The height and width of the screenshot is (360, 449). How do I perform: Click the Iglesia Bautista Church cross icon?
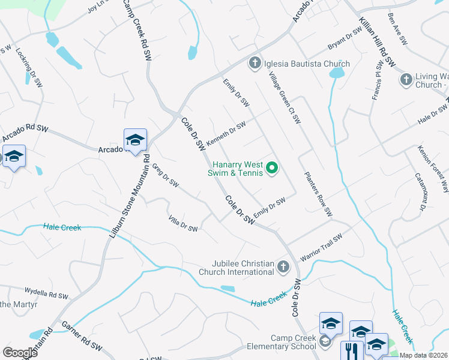254,63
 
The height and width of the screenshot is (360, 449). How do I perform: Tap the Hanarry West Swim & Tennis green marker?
272,168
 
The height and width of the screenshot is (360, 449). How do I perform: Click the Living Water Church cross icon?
406,79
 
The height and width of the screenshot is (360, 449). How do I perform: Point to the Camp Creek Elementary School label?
293,342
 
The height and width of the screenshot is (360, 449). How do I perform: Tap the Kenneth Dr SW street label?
226,133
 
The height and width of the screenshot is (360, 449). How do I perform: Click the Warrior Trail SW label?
321,247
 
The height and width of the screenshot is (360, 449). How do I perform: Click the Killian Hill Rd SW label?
377,41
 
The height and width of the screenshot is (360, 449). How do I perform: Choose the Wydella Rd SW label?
47,296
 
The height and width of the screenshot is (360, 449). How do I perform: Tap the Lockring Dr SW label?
27,68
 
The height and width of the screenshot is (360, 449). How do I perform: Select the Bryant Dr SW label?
345,39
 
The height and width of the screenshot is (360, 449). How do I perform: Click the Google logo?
20,352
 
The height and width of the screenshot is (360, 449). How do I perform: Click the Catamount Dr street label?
420,193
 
